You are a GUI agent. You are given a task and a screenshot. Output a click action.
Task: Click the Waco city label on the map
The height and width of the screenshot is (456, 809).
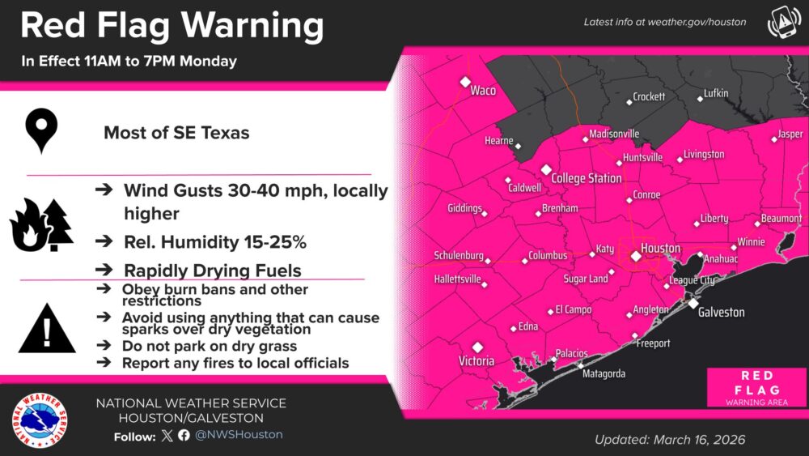point(483,91)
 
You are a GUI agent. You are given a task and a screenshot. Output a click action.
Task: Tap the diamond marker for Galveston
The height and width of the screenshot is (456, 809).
point(693,302)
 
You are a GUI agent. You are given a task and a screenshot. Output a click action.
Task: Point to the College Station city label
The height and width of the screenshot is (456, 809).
point(587,178)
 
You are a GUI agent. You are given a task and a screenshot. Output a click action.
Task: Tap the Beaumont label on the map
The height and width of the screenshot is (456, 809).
point(781,219)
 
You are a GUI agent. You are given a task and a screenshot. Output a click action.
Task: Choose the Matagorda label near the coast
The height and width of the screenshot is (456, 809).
point(604,373)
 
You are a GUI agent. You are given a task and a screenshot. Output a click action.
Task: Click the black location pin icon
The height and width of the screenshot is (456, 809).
point(40,132)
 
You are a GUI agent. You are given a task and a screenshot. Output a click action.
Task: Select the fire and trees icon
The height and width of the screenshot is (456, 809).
point(41,224)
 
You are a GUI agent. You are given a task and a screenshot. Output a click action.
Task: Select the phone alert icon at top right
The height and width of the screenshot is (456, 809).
point(781,23)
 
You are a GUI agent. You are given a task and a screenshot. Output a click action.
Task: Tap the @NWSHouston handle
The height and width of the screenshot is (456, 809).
point(239,435)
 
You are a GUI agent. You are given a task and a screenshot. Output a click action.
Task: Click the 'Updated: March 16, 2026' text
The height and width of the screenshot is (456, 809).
point(670,440)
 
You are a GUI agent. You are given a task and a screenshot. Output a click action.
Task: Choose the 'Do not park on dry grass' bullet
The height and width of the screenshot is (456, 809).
point(209,347)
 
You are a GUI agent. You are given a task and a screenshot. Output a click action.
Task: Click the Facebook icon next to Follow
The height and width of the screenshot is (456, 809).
point(184,435)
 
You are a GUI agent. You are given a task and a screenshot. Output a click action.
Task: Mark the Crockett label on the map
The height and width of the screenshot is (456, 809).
point(649,96)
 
